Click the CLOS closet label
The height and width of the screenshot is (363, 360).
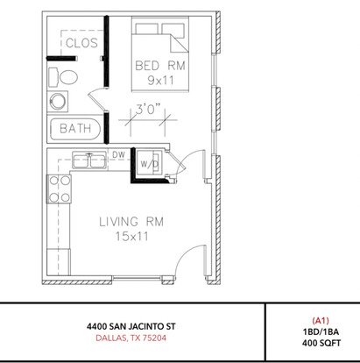coord(81,43)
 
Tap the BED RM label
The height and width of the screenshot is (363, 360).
coord(160,66)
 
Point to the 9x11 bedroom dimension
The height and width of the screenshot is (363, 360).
coord(160,80)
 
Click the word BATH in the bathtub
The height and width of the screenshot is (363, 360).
coord(75,128)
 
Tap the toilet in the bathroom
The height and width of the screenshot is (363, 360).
coord(63,77)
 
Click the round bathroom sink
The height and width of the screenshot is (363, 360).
coord(59,102)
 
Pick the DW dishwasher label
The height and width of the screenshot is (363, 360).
coord(118,155)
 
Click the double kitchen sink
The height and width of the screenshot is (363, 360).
coord(90,160)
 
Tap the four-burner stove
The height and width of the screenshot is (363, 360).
coord(60,189)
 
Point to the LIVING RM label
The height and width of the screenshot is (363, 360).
coord(131,222)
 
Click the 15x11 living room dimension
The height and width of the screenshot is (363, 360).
coord(132,236)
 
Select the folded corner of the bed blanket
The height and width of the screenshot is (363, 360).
coord(178,43)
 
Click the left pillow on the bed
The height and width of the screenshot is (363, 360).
coord(147,29)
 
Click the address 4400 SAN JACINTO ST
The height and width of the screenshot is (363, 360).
coord(131,326)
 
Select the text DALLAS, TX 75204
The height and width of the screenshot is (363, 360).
coord(131,338)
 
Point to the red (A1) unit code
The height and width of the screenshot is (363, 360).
coord(321,321)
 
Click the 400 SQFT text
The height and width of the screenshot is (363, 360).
coord(321,343)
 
